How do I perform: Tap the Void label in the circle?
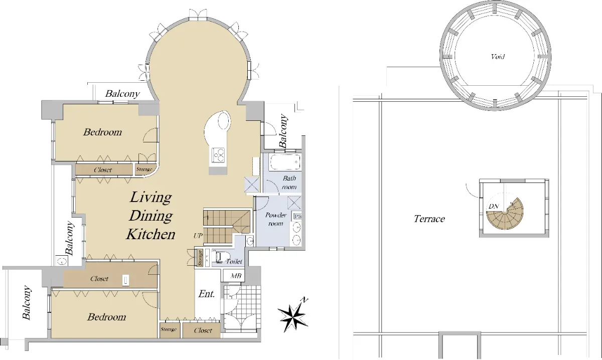pyautogui.click(x=498, y=57)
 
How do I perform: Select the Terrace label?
pyautogui.click(x=429, y=219)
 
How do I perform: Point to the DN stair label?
pyautogui.click(x=494, y=207)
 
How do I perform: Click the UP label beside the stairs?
pyautogui.click(x=198, y=236)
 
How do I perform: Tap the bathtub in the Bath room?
pyautogui.click(x=284, y=162)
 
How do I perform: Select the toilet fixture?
pyautogui.click(x=220, y=256)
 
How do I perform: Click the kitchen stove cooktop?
pyautogui.click(x=218, y=155)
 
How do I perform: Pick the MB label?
pyautogui.click(x=236, y=276)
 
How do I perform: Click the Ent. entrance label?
pyautogui.click(x=206, y=294)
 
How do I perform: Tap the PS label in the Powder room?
pyautogui.click(x=297, y=216)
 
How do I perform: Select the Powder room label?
pyautogui.click(x=276, y=219)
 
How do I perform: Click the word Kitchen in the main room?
pyautogui.click(x=150, y=234)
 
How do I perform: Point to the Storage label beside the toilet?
pyautogui.click(x=200, y=258)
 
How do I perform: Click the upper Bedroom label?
pyautogui.click(x=102, y=132)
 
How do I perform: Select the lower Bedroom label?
pyautogui.click(x=106, y=317)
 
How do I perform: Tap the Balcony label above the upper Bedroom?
pyautogui.click(x=122, y=94)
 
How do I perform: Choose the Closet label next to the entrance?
pyautogui.click(x=203, y=330)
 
